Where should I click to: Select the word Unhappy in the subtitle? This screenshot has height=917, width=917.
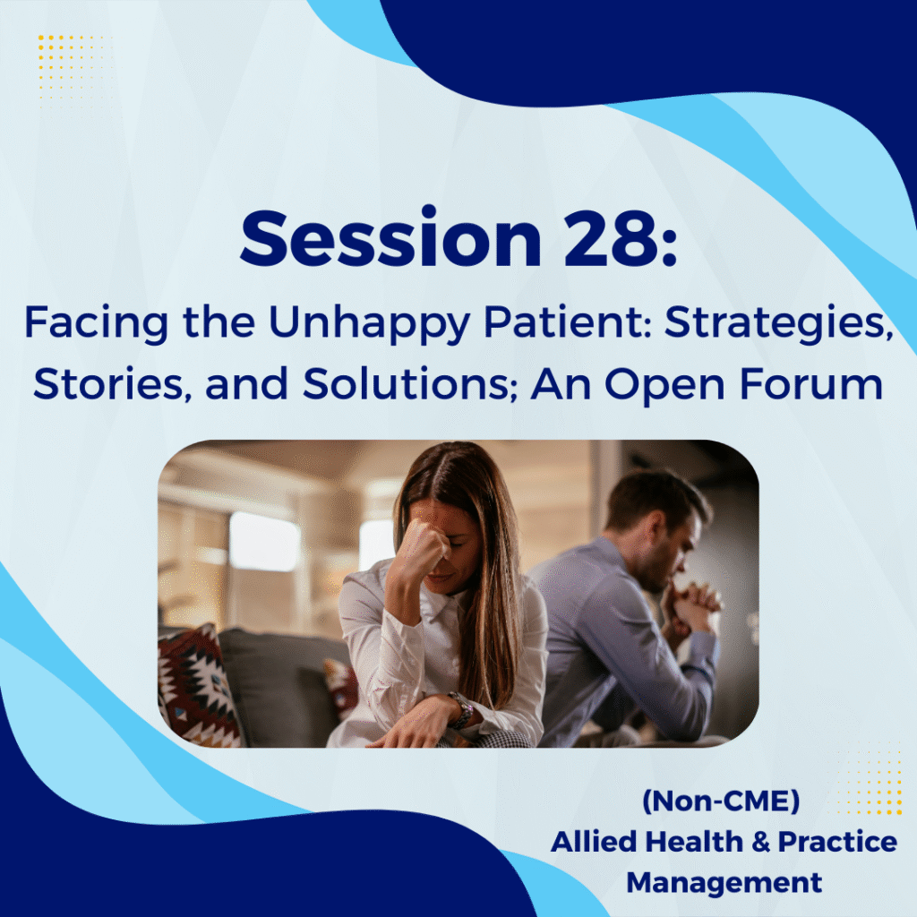coord(370,324)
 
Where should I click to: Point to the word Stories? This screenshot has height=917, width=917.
coord(112,384)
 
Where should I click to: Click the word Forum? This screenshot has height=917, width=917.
coord(811,384)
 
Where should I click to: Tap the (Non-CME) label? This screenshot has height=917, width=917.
coord(721,801)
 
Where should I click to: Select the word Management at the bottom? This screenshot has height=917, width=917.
coord(724,882)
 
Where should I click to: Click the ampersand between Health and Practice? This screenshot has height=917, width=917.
coord(760,842)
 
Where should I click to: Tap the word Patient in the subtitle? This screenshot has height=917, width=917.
coord(567,323)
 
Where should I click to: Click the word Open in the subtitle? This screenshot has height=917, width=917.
coord(665,385)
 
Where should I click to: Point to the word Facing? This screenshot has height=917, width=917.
coord(96,324)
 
